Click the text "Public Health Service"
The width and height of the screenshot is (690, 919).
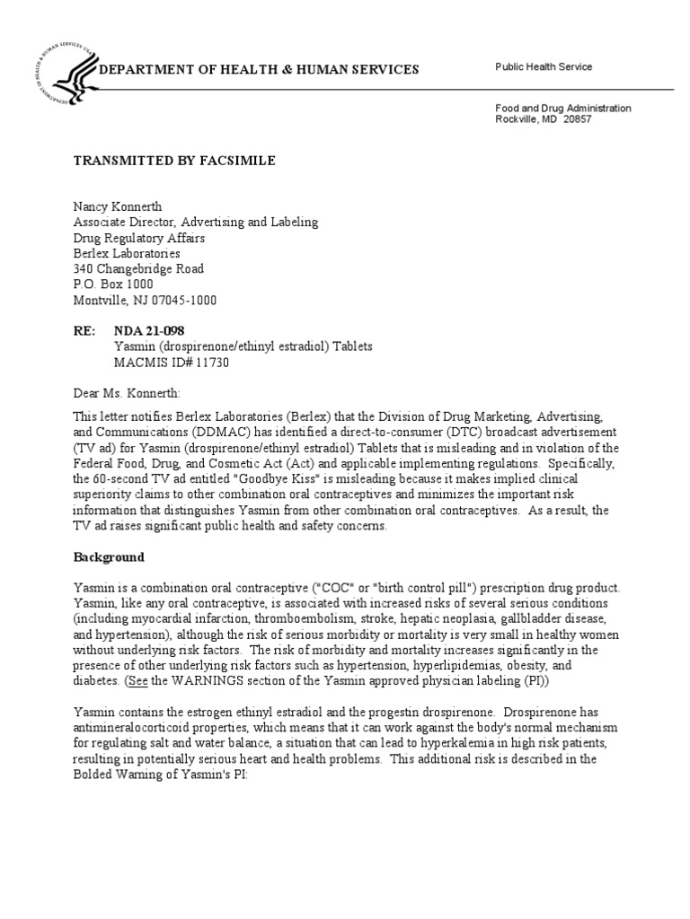544,67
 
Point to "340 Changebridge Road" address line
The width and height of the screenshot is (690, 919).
138,268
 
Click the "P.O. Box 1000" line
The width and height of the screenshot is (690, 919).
112,284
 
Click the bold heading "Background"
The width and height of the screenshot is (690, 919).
109,556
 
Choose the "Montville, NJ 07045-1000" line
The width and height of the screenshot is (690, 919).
145,300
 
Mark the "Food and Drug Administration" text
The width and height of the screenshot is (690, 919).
563,108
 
